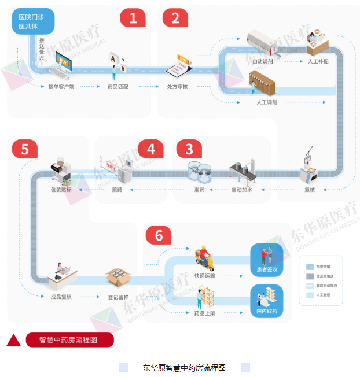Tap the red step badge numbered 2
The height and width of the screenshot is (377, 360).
pyautogui.click(x=175, y=18)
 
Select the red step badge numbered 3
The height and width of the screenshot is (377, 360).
pyautogui.click(x=189, y=149)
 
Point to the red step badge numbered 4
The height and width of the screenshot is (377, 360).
pyautogui.click(x=151, y=149)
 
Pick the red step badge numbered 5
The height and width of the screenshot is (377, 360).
pyautogui.click(x=24, y=149)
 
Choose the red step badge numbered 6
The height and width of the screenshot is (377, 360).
pyautogui.click(x=159, y=235)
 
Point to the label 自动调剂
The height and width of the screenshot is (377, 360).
pyautogui.click(x=263, y=61)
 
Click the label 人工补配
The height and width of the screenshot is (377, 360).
pyautogui.click(x=318, y=61)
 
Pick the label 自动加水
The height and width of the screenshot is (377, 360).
pyautogui.click(x=242, y=189)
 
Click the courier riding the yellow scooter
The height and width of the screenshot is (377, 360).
pyautogui.click(x=204, y=259)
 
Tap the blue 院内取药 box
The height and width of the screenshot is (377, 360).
pyautogui.click(x=266, y=300)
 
